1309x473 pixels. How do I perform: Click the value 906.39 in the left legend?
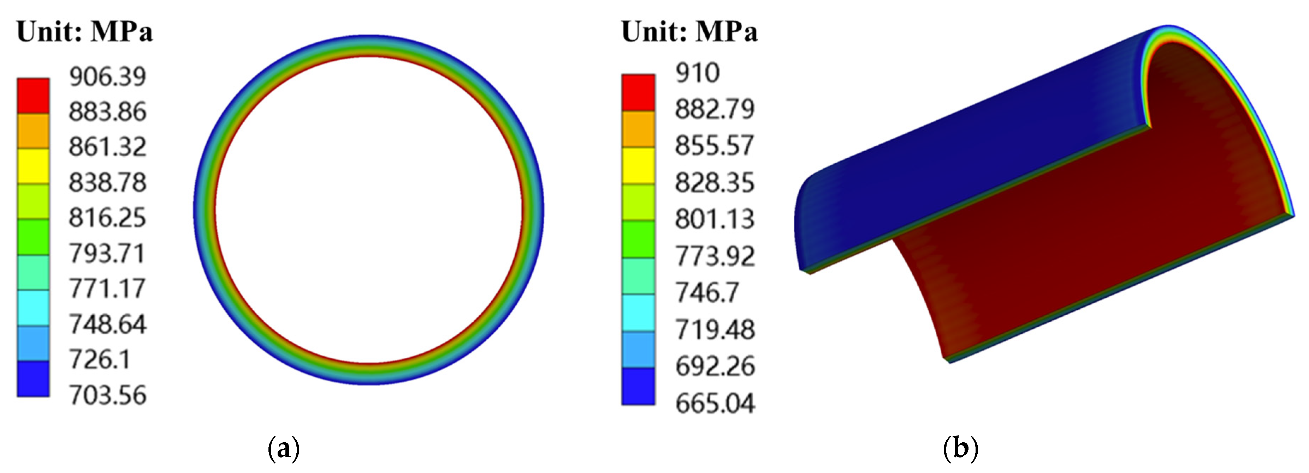click(x=108, y=77)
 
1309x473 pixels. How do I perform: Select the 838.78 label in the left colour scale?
click(x=108, y=183)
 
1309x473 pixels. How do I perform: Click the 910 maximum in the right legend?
click(x=698, y=73)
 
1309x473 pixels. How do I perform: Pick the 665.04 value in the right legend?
click(x=715, y=404)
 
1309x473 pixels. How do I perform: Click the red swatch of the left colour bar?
click(x=33, y=96)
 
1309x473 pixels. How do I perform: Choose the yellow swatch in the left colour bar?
click(x=33, y=166)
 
